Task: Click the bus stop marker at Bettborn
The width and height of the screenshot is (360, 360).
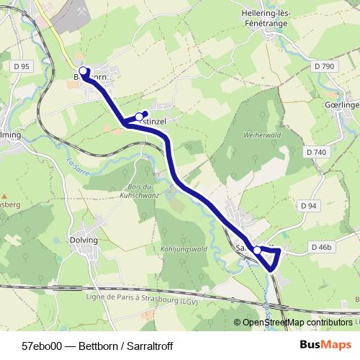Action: [x=83, y=71]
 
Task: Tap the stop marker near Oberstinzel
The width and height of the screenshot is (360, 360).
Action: [x=139, y=115]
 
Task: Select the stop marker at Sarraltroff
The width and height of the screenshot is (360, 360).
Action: [x=257, y=250]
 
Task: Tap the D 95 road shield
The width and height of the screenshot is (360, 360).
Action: [x=22, y=66]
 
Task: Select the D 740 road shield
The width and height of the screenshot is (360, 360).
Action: [x=315, y=152]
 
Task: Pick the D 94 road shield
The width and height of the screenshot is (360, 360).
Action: [x=307, y=206]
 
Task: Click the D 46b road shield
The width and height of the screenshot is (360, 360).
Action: [x=323, y=247]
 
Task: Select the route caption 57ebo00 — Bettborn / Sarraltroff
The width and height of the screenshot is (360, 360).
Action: [x=97, y=346]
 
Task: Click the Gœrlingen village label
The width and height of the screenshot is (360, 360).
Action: [x=342, y=104]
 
